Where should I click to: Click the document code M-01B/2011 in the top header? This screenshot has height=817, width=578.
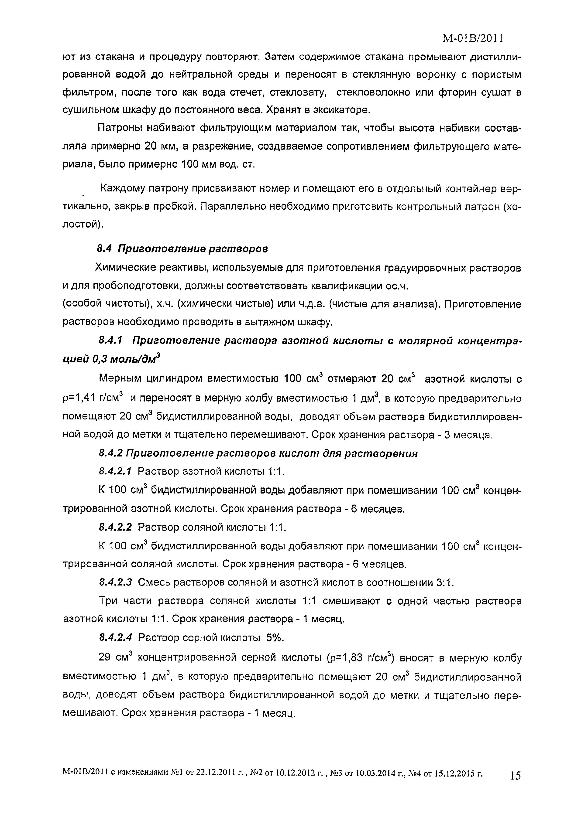pos(473,38)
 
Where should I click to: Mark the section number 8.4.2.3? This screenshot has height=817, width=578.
pos(115,582)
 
